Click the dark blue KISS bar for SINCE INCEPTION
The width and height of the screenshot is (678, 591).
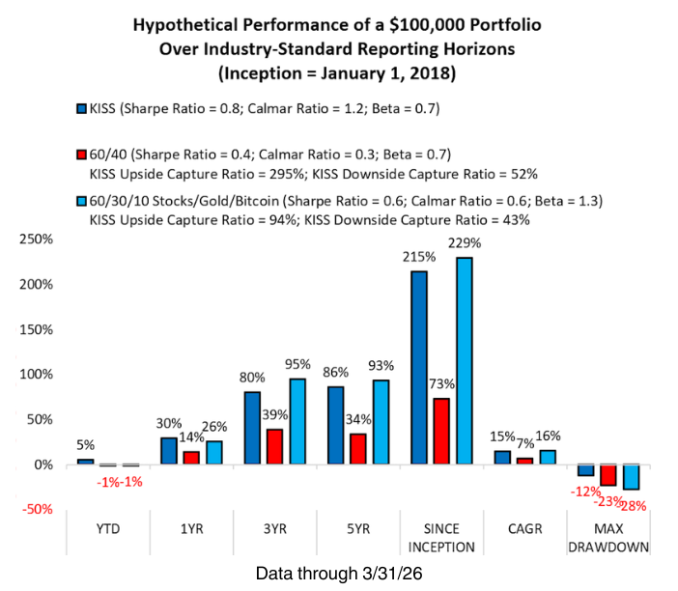(x=419, y=367)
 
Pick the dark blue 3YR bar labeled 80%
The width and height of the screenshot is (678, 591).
(x=252, y=428)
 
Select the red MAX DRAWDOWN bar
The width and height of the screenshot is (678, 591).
(x=608, y=474)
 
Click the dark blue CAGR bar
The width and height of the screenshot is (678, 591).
(x=502, y=457)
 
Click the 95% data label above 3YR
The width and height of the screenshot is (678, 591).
(x=298, y=365)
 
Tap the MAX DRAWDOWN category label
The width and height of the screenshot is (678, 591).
(x=607, y=539)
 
